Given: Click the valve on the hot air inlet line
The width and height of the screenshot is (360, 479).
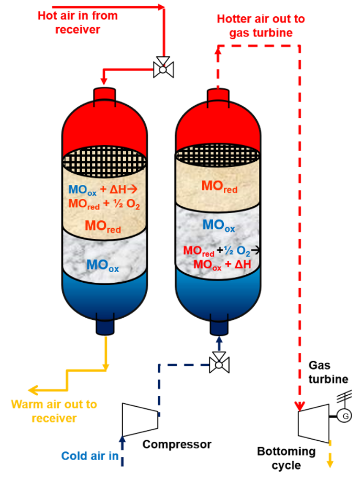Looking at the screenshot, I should click(x=163, y=68).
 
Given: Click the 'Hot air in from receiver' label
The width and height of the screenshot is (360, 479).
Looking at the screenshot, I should click(x=77, y=23).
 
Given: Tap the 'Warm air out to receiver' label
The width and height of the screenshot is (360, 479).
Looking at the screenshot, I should click(x=54, y=411).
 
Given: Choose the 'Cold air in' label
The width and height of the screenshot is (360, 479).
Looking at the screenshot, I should click(x=90, y=455).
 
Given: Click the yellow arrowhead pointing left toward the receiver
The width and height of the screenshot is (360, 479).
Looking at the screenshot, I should click(x=32, y=390).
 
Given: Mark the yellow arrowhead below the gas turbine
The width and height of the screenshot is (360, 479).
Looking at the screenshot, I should click(x=330, y=463).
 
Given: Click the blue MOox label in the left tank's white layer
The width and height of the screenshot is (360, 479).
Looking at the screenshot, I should click(x=103, y=266).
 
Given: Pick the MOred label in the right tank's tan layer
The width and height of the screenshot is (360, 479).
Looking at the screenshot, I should click(x=219, y=187).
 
